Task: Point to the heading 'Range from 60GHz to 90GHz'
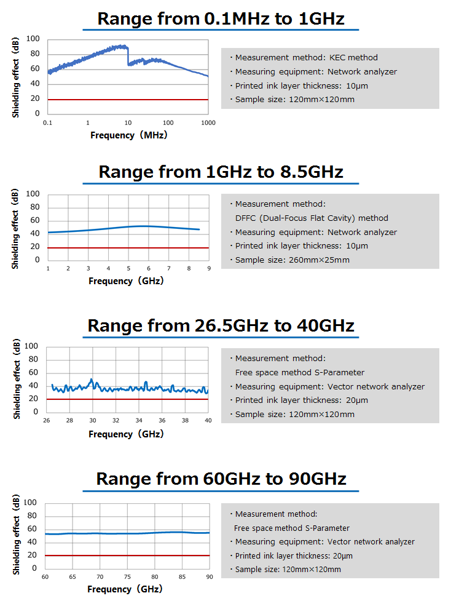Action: coord(221,478)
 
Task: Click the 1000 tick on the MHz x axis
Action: coord(208,123)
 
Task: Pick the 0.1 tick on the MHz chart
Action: coord(48,123)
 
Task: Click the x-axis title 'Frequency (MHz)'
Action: coord(128,135)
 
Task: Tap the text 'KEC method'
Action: coord(353,57)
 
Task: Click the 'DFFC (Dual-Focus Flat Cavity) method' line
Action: coord(312,218)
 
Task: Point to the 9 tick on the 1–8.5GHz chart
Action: coord(209,269)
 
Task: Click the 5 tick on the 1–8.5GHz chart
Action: coord(128,269)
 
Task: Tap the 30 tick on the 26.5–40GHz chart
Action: coord(92,420)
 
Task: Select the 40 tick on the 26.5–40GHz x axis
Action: coord(208,420)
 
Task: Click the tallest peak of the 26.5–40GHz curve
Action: coord(92,380)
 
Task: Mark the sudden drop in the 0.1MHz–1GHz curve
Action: coord(127,55)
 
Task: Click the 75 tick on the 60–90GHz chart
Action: coord(127,576)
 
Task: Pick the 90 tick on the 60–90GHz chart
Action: coord(210,576)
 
